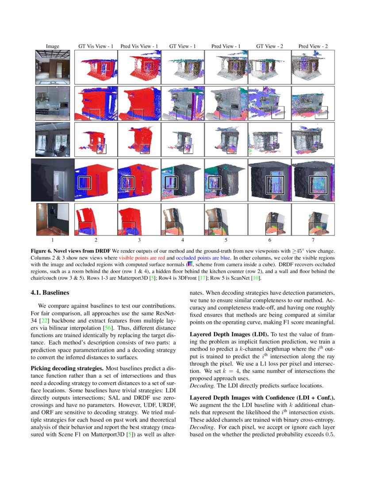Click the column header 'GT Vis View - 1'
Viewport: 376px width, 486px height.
[x=96, y=46]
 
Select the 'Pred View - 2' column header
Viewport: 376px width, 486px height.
[x=313, y=46]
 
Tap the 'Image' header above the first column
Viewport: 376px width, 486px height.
[x=53, y=46]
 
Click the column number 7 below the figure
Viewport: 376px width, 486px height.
[x=313, y=240]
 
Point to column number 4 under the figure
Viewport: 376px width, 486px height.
[x=183, y=240]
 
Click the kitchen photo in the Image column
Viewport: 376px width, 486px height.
[x=53, y=103]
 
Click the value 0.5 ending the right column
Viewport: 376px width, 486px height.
[x=329, y=434]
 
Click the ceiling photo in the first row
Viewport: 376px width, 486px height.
[x=53, y=67]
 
